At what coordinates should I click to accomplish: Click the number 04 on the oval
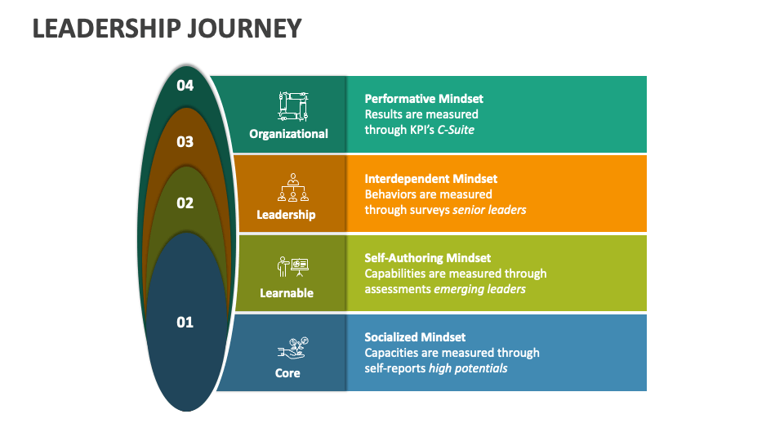[x=185, y=86]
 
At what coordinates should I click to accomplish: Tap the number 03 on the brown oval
[x=185, y=142]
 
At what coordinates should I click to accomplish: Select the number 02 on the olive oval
[x=185, y=203]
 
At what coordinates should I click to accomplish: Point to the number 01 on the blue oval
[x=185, y=322]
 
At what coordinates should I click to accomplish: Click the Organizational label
[x=288, y=134]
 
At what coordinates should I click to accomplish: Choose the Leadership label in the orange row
[x=286, y=215]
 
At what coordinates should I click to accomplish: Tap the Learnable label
[x=287, y=293]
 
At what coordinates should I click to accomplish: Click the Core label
[x=287, y=373]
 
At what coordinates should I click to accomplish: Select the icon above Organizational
[x=293, y=106]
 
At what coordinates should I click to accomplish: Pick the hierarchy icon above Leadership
[x=293, y=188]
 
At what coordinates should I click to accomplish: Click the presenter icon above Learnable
[x=293, y=266]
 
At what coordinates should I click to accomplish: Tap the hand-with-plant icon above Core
[x=293, y=348]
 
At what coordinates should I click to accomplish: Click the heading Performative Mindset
[x=424, y=99]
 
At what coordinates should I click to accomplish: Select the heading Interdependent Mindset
[x=431, y=179]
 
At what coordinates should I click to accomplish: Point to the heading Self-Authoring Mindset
[x=427, y=258]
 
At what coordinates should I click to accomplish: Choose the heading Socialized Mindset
[x=415, y=337]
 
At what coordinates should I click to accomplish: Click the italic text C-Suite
[x=456, y=130]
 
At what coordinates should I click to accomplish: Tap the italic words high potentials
[x=468, y=369]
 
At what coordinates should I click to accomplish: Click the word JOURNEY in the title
[x=244, y=29]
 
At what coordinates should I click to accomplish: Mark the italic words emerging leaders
[x=480, y=289]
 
